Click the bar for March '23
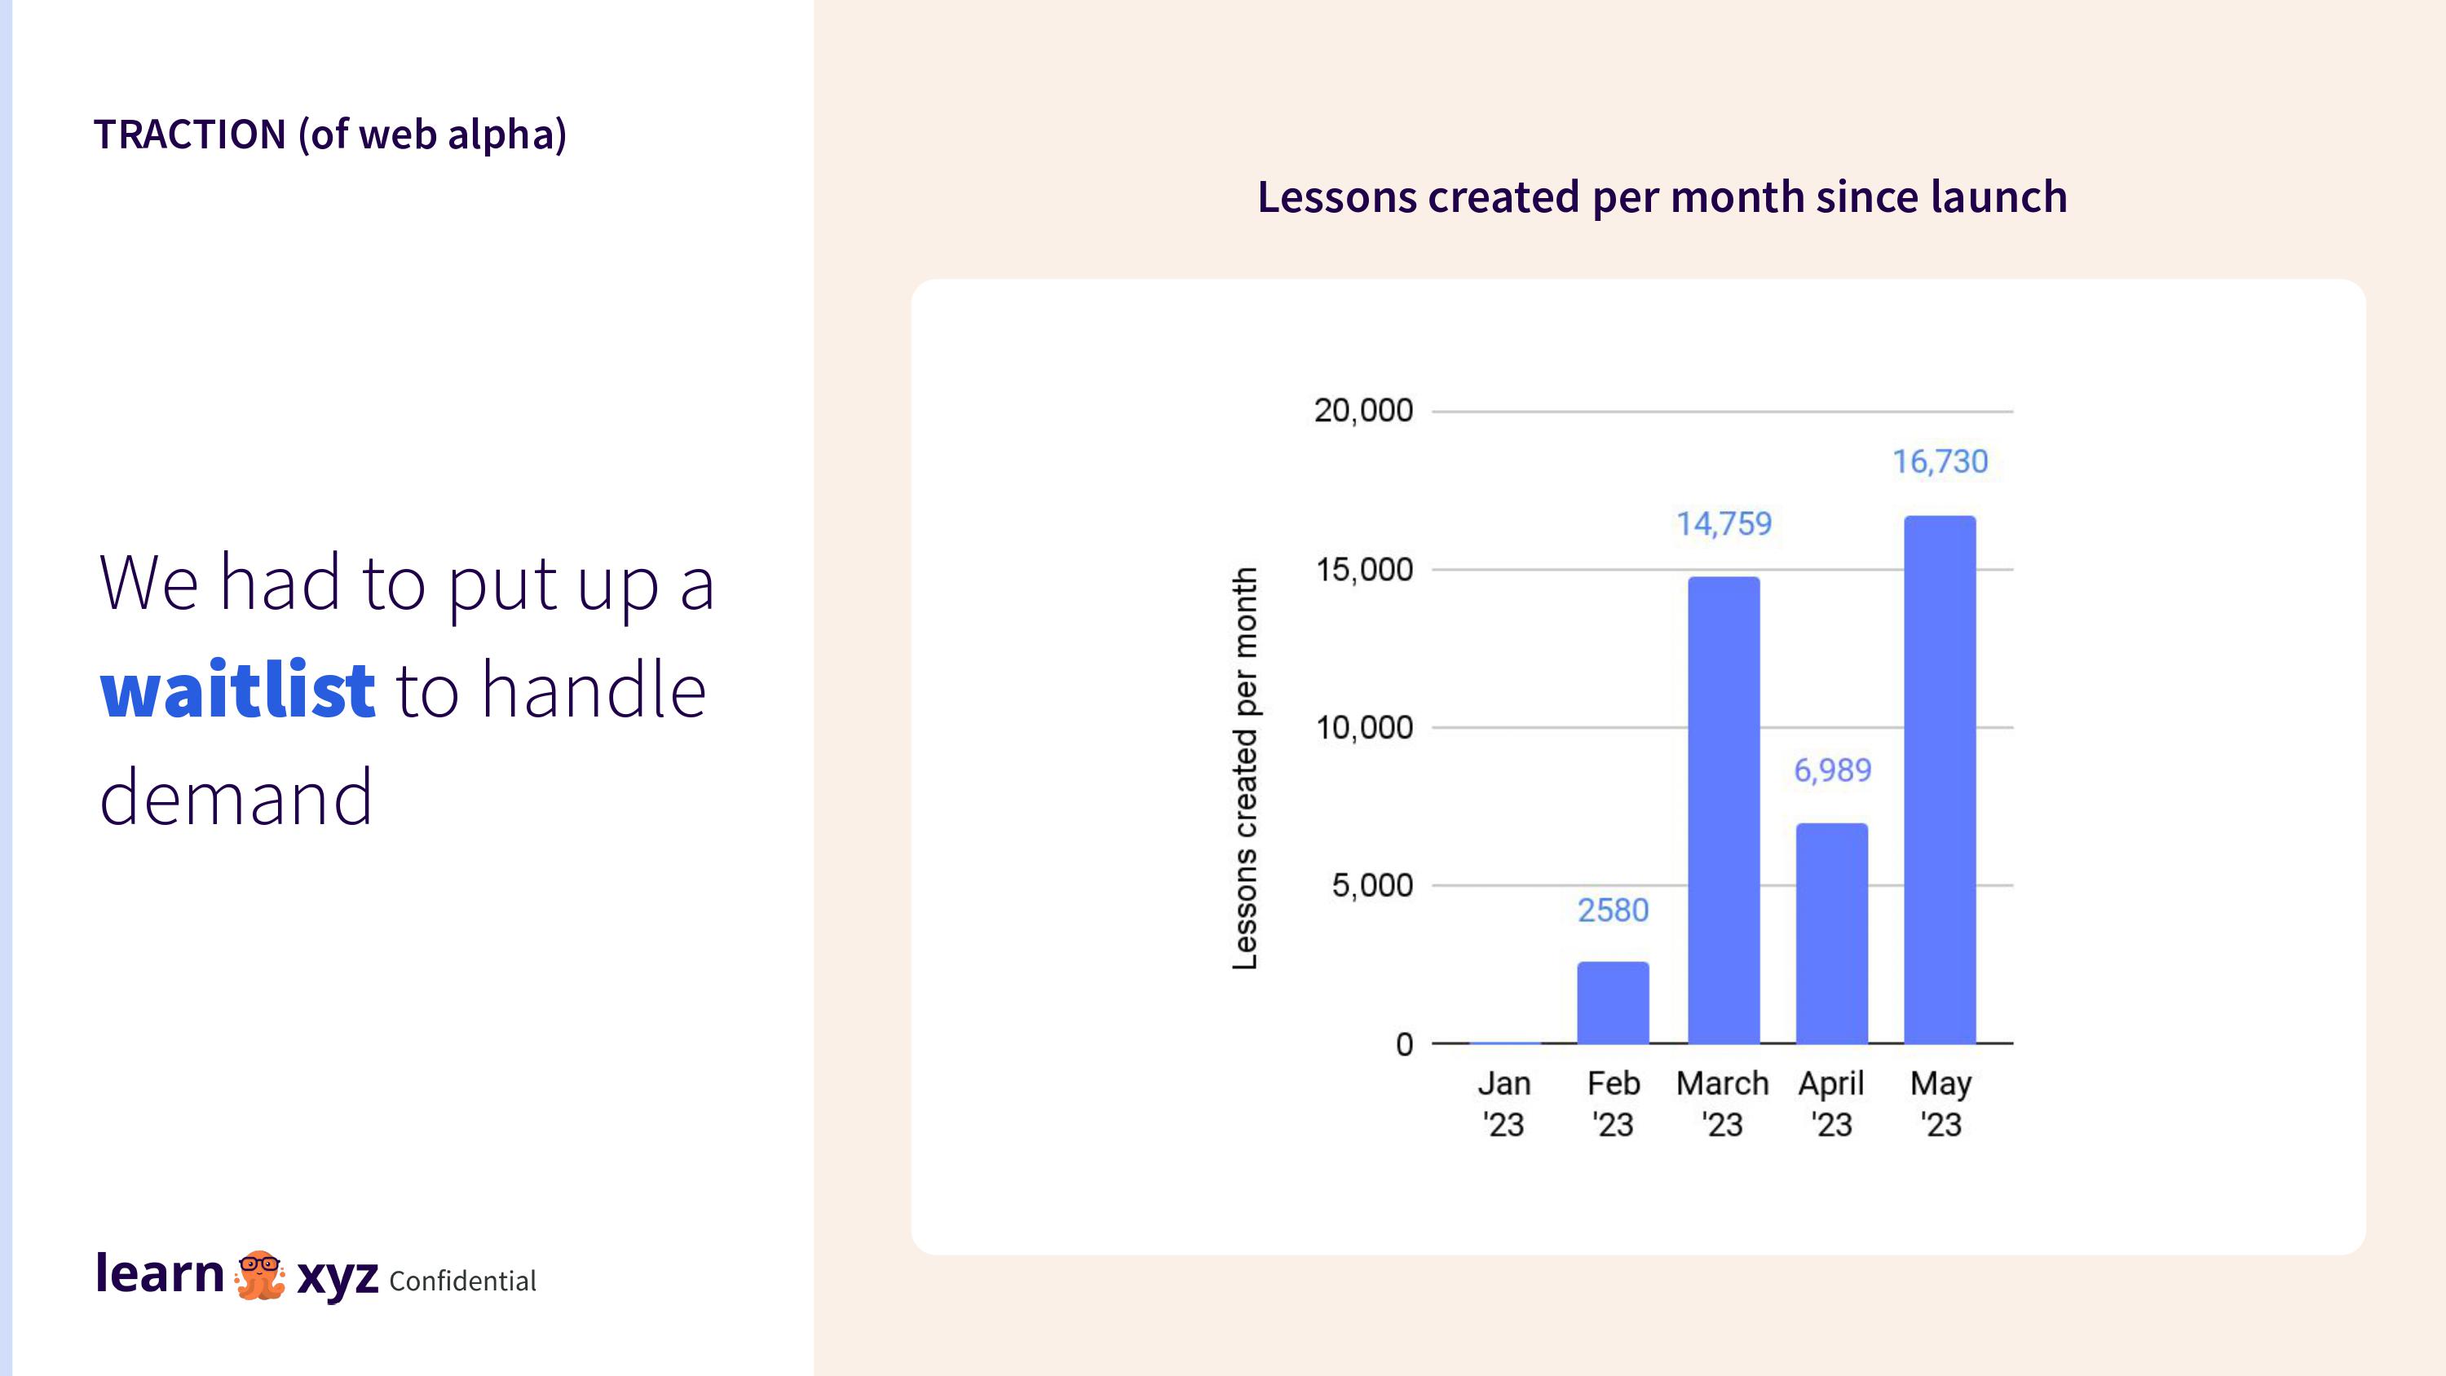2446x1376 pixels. pos(1724,810)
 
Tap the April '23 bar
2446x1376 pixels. pos(1832,933)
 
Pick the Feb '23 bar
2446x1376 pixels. pos(1614,1003)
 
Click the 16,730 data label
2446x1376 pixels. pos(1940,461)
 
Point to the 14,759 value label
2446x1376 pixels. pos(1724,523)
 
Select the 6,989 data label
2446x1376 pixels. pos(1833,770)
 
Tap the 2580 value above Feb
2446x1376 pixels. pos(1614,910)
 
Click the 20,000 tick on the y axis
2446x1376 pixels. pos(1363,411)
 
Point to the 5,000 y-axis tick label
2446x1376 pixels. pos(1372,886)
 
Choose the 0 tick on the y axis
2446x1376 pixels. pos(1404,1044)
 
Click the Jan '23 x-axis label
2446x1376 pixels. pos(1504,1104)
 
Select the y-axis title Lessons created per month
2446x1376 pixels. pos(1245,768)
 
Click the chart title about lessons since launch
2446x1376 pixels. pos(1662,196)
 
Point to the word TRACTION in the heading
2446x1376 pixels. pos(190,134)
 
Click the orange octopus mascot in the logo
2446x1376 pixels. pos(259,1274)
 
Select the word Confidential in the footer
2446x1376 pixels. pos(462,1281)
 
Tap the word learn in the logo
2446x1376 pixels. pos(160,1273)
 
